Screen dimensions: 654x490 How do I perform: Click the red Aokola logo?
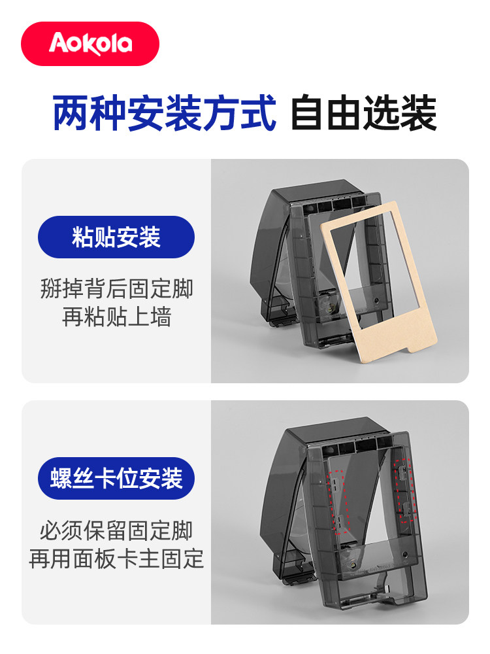(90, 44)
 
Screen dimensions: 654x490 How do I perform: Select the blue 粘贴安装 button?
(116, 237)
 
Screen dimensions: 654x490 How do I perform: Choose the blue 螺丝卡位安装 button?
(116, 478)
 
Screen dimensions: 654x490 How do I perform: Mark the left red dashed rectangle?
(338, 501)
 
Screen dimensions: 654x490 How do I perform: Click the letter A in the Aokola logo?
(57, 44)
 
